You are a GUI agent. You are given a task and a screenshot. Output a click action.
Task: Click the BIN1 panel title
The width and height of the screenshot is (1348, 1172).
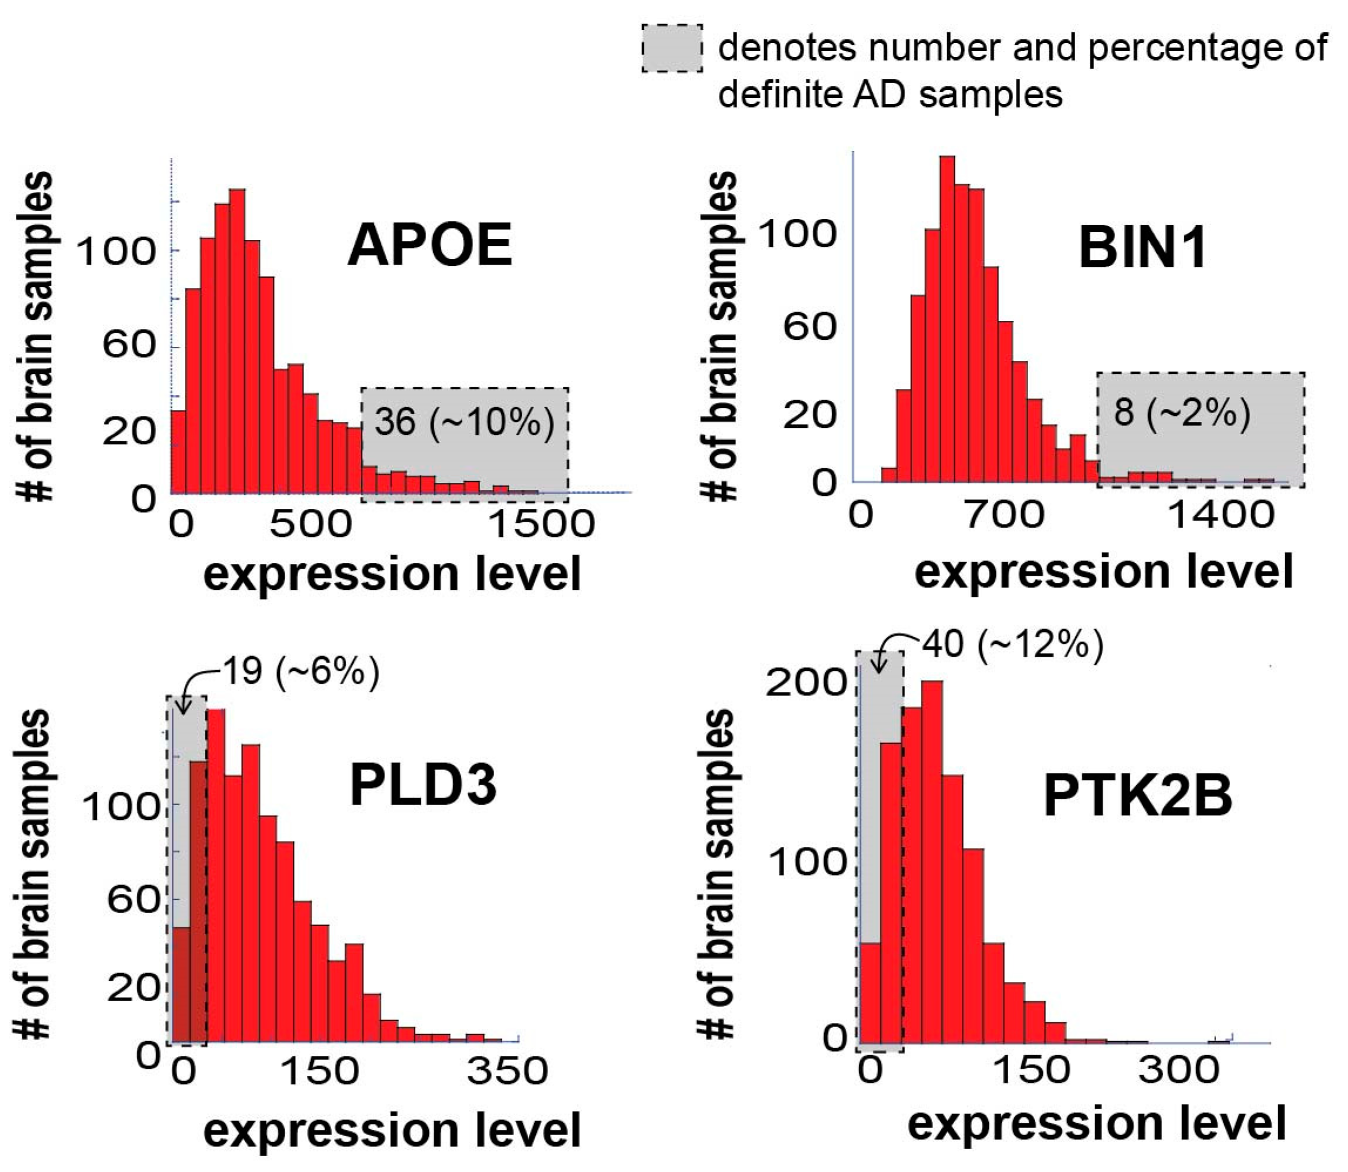coord(1142,250)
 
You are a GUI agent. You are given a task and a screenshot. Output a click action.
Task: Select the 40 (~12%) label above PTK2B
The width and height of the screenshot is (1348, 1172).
coord(1012,645)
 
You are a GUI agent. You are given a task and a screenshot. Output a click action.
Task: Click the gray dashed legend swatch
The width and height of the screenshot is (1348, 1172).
coord(672,48)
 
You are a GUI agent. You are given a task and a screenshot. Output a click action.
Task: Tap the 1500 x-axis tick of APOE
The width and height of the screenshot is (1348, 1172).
coord(542,524)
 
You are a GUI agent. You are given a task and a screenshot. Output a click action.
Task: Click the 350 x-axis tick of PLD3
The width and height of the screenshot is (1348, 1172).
coord(507,1071)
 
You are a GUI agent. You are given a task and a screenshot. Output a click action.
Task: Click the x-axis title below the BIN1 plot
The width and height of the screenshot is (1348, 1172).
coord(1103,571)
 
